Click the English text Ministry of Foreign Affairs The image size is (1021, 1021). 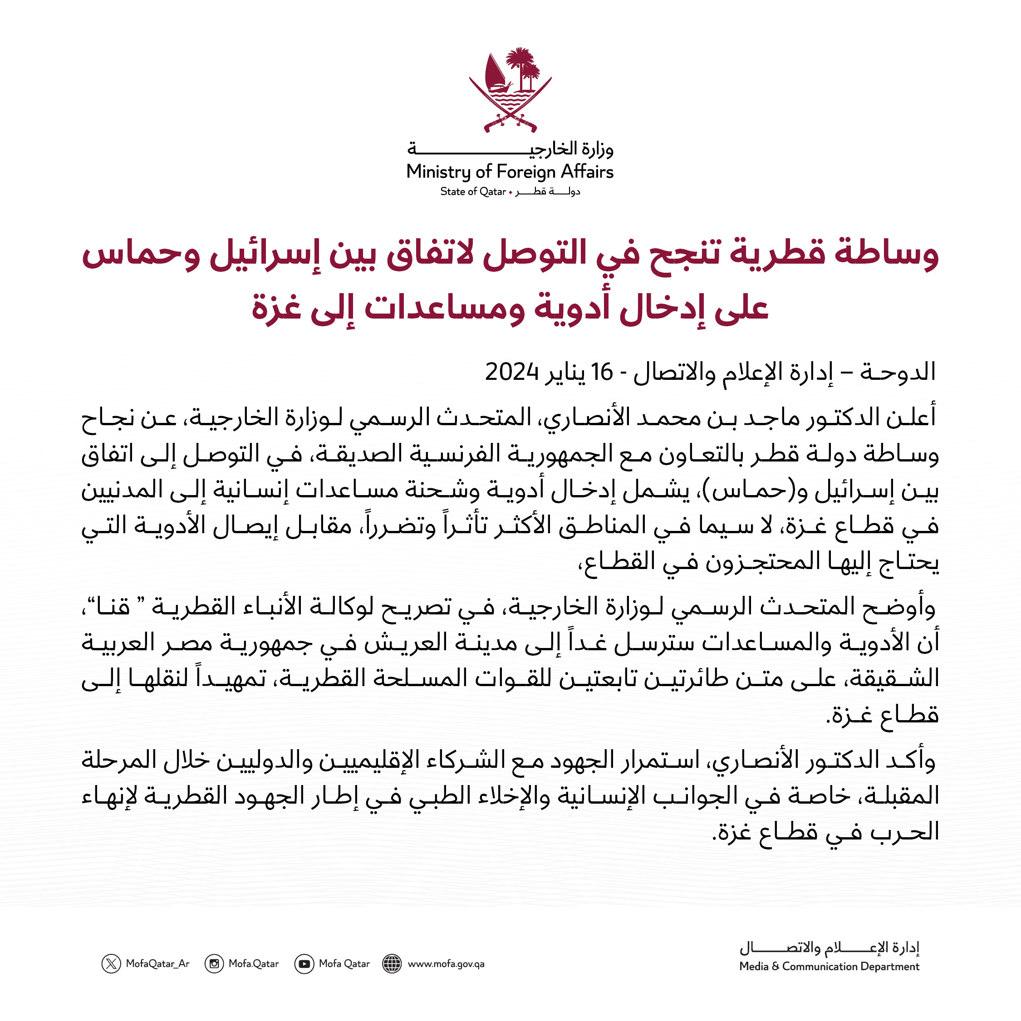click(510, 172)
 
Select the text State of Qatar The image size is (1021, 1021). click(473, 192)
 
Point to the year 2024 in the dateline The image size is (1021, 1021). click(511, 373)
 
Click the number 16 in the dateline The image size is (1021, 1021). click(602, 373)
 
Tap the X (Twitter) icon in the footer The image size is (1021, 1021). click(111, 963)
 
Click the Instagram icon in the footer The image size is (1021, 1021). click(214, 963)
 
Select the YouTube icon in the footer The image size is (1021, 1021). click(304, 963)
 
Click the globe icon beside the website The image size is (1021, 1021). click(392, 963)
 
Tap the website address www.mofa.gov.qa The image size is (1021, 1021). click(446, 963)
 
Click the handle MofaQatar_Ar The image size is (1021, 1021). click(157, 963)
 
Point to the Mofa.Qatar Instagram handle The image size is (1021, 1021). click(254, 963)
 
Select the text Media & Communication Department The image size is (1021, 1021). click(829, 966)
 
